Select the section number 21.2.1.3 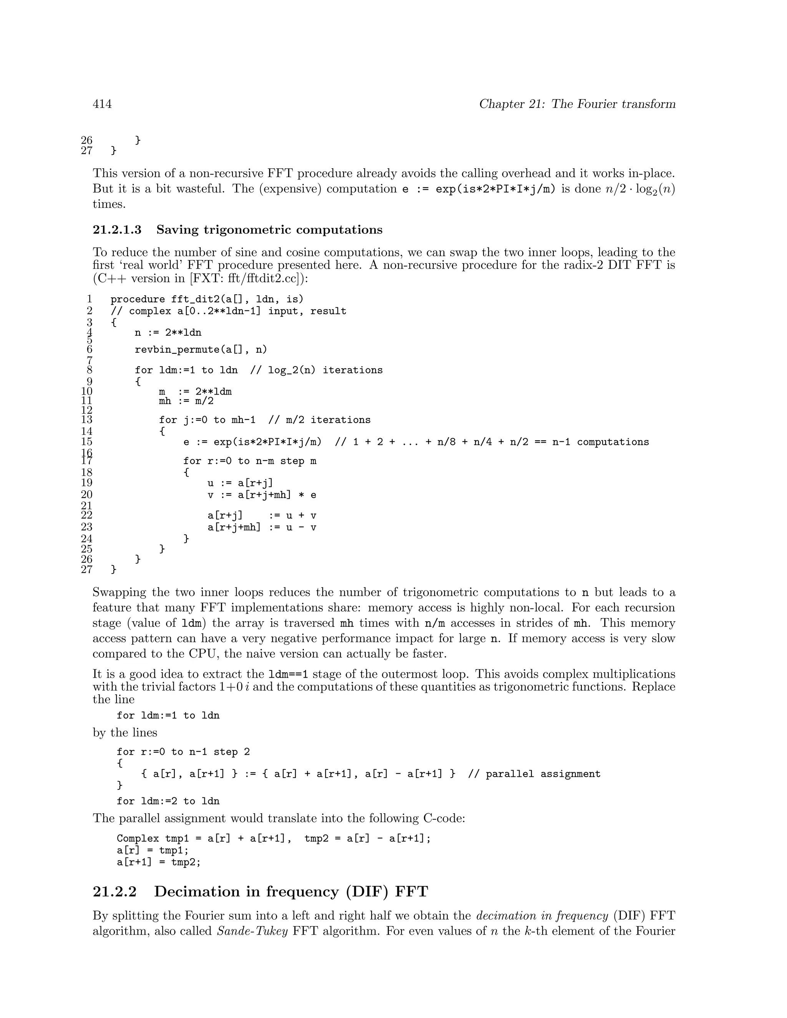[x=117, y=230]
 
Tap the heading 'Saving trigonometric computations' [x=269, y=230]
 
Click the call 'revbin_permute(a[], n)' [x=201, y=350]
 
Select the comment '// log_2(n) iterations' [x=316, y=370]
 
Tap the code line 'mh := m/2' [x=186, y=401]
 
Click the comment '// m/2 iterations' [x=319, y=420]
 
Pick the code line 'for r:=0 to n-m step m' [x=249, y=461]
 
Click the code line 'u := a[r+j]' [x=240, y=483]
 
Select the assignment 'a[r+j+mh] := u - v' [x=262, y=527]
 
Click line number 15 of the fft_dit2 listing [x=87, y=441]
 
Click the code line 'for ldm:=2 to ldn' [x=168, y=801]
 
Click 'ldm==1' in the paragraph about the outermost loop [x=289, y=674]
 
